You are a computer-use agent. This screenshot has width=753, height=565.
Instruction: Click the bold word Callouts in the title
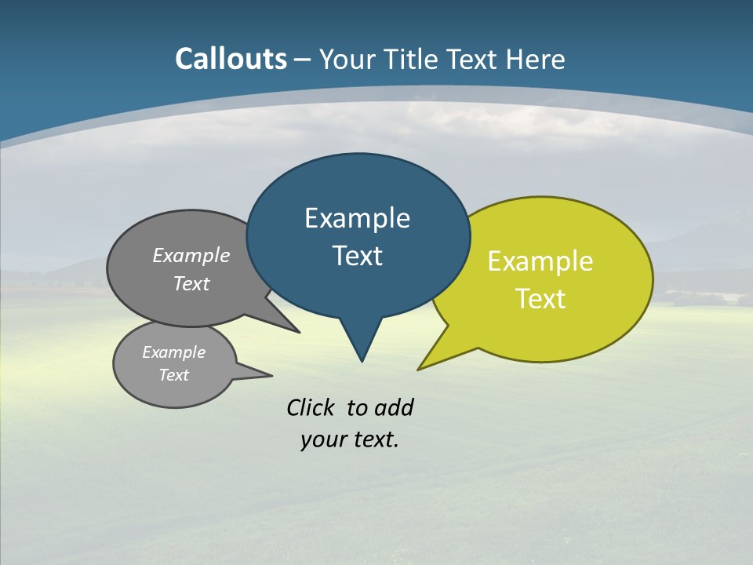click(x=231, y=59)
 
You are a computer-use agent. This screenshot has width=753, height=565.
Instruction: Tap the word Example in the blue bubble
click(x=357, y=218)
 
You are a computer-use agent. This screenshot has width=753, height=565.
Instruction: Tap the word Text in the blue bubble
click(x=357, y=256)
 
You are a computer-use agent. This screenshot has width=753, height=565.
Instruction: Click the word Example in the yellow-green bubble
click(x=540, y=261)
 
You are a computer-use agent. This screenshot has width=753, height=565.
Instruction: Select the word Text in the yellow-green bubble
click(x=540, y=299)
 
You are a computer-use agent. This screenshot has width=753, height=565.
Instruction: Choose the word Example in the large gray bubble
click(x=191, y=256)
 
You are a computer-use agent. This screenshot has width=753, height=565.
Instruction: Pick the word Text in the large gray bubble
click(x=191, y=283)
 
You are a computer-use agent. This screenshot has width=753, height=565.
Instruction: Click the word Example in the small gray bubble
click(x=173, y=352)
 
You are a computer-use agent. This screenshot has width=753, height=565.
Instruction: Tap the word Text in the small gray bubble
click(x=173, y=375)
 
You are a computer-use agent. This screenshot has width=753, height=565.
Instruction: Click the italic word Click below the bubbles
click(x=311, y=407)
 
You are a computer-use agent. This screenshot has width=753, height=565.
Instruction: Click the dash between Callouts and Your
click(x=303, y=60)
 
